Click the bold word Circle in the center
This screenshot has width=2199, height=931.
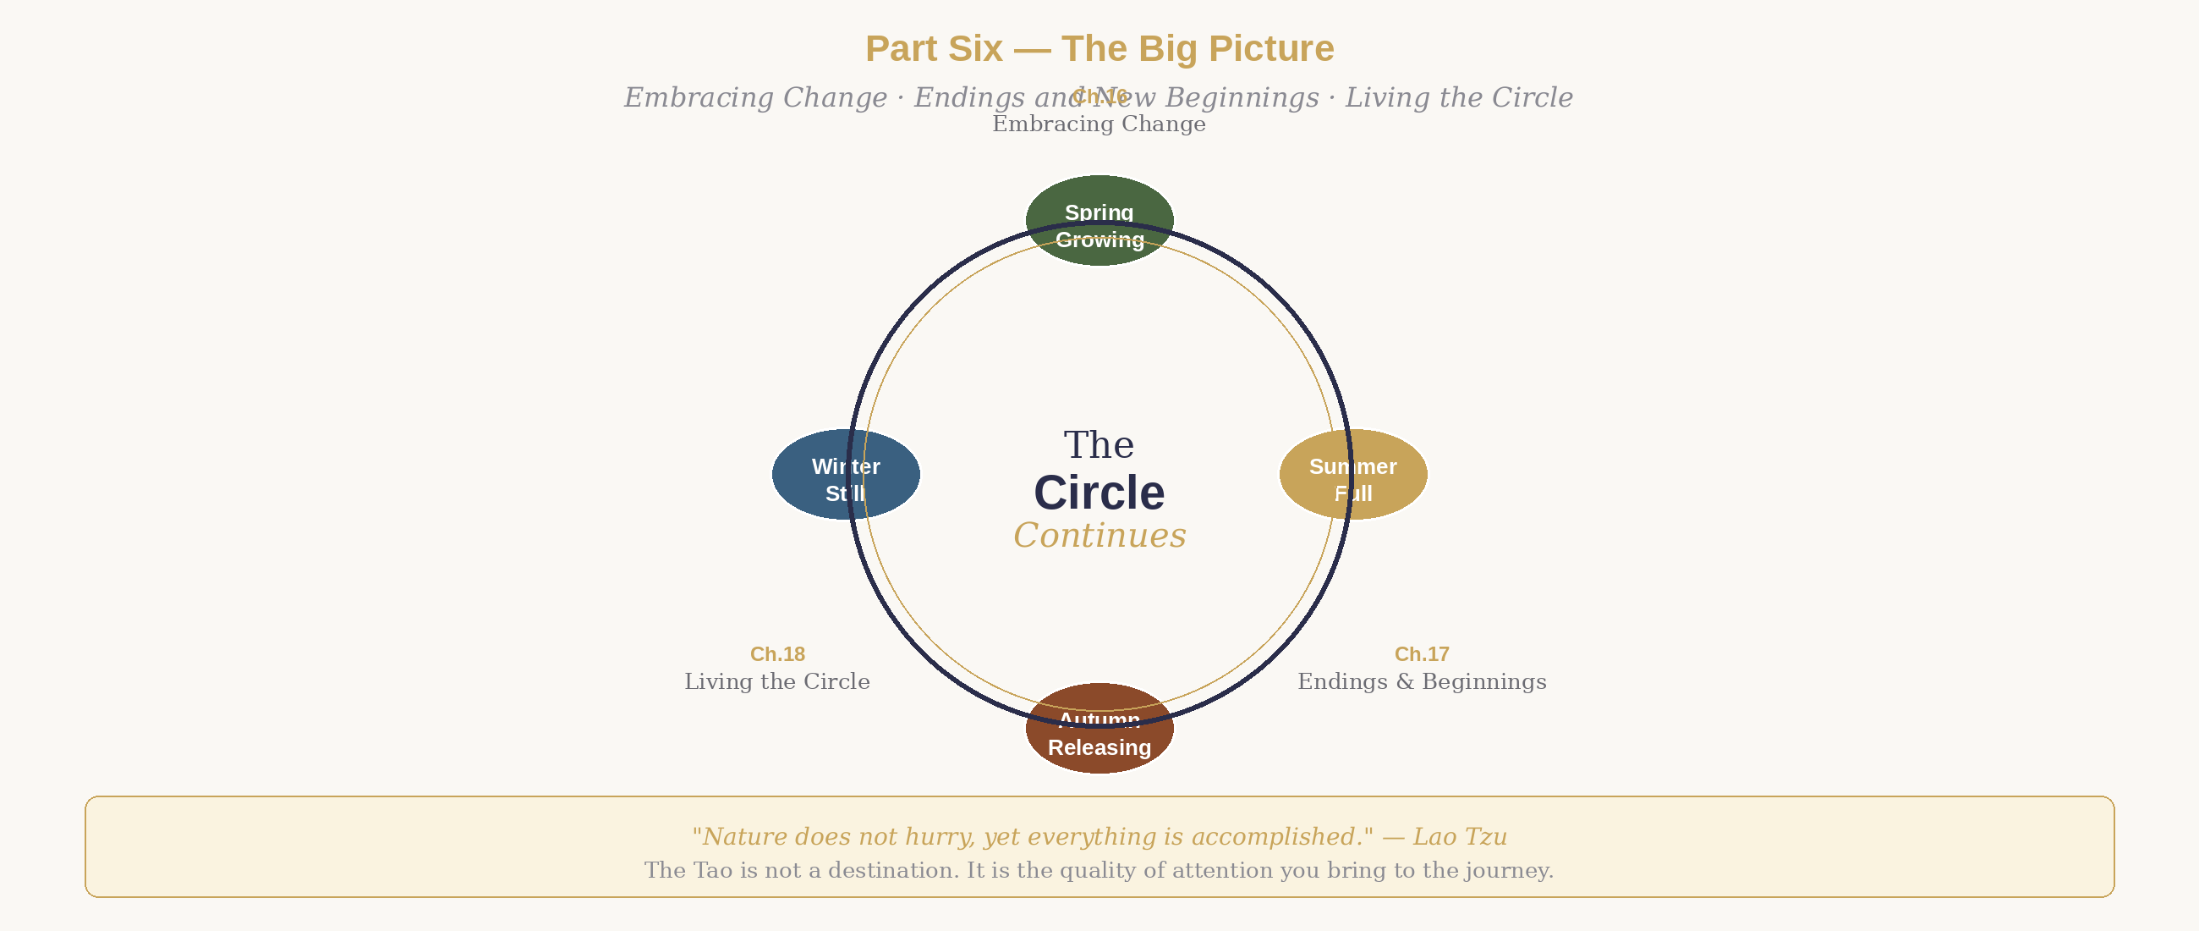1099,493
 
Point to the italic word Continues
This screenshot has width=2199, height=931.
1099,536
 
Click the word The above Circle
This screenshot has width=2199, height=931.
1099,445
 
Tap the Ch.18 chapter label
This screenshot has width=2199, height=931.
777,654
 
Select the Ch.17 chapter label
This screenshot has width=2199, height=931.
1422,654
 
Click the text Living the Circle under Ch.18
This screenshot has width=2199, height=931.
777,681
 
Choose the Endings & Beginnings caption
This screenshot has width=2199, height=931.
1422,681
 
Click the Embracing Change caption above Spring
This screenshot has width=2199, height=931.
1099,124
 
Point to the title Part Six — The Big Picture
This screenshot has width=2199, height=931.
1099,49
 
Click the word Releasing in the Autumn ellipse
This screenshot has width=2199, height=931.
1099,747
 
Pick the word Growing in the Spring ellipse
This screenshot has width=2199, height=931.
1099,240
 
